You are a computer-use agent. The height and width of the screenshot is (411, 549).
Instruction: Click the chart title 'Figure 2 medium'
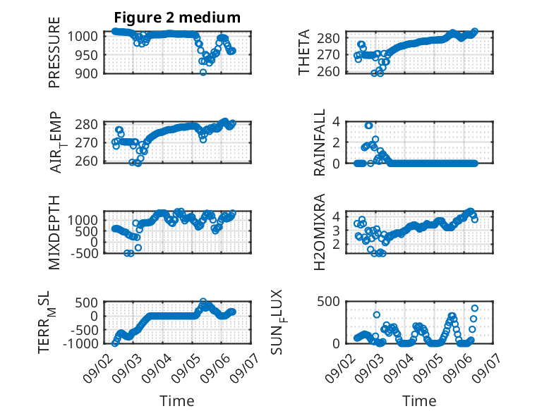tap(177, 18)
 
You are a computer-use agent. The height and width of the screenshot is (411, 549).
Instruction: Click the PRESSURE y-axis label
tap(54, 52)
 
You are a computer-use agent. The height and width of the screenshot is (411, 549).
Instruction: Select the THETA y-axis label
tap(304, 52)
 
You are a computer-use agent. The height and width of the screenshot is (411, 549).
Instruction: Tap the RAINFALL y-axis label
tap(320, 142)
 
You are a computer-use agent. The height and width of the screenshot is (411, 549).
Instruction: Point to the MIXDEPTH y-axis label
tap(54, 233)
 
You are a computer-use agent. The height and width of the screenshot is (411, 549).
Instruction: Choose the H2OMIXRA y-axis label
tap(320, 232)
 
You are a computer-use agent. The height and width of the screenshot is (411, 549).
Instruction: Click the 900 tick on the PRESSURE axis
tap(87, 73)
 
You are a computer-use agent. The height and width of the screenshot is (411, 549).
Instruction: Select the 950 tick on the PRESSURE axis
tap(87, 55)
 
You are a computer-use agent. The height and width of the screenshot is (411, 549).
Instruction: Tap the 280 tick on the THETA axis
tap(328, 38)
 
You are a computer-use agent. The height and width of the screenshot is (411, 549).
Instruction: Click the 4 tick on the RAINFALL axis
tap(336, 122)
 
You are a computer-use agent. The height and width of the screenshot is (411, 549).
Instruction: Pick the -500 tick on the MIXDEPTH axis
tap(84, 253)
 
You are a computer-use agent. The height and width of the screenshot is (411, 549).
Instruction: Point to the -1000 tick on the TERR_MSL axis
tap(80, 343)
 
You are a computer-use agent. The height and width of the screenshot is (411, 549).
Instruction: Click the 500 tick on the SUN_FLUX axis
tap(328, 302)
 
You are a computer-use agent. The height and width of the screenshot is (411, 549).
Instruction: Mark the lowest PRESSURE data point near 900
tap(203, 72)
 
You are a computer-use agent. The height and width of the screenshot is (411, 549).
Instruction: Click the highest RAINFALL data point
tap(368, 125)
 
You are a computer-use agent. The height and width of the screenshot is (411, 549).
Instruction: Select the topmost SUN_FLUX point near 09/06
tap(475, 308)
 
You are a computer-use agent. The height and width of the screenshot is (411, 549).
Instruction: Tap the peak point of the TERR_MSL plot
tap(203, 301)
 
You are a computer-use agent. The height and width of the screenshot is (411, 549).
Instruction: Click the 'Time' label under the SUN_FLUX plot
tap(419, 401)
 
